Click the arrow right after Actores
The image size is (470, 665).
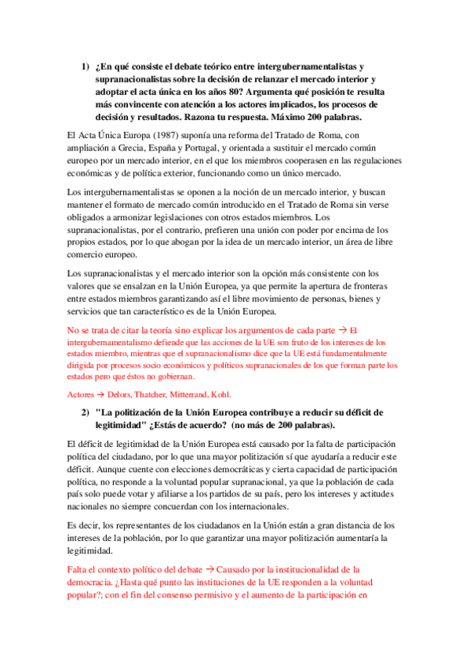coord(100,394)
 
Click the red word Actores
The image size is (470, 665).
coord(81,394)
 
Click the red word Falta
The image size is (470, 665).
coord(81,568)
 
